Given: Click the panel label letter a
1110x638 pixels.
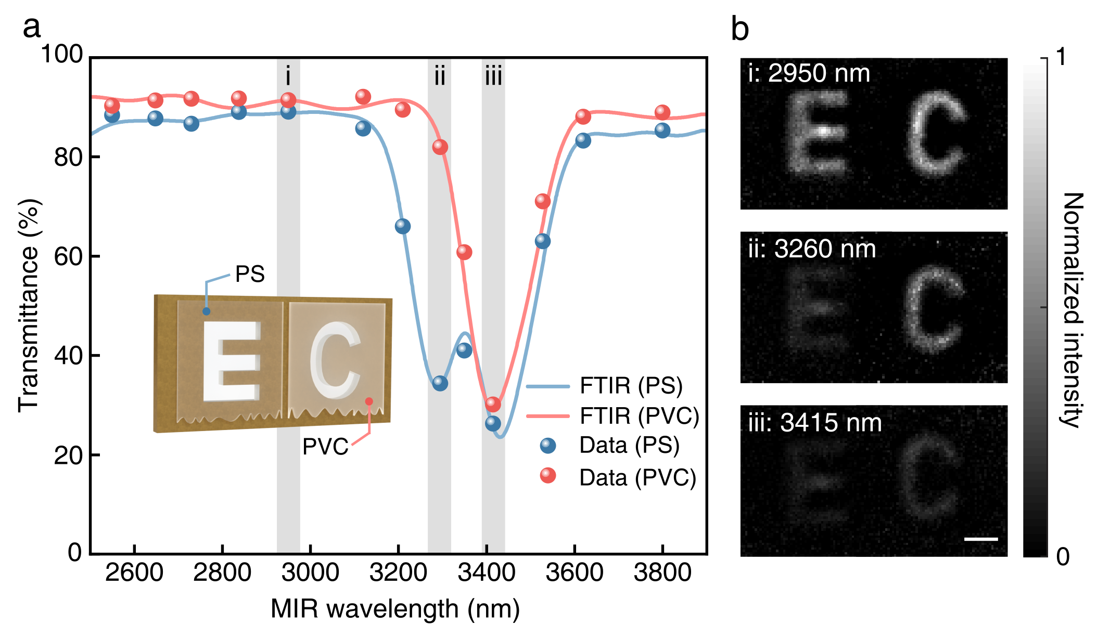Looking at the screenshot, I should coord(31,27).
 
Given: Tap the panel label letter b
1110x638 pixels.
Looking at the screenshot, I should coord(739,29).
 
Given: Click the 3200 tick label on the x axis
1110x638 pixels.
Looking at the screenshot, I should coord(398,573).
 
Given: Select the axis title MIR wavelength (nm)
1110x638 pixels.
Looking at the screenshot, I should coord(395,608).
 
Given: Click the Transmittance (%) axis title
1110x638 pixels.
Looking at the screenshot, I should coord(29,306).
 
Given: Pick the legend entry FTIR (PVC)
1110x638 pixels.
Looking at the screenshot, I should coord(639,415).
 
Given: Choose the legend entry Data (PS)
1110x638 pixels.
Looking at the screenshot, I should coord(629,446).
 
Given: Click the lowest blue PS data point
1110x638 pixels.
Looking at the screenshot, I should coord(493,423).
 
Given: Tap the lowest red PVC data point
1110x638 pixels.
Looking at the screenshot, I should coord(493,404).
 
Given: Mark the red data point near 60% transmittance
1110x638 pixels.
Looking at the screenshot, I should coord(464,252).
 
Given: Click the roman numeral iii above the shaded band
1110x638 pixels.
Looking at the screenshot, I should coord(493,77).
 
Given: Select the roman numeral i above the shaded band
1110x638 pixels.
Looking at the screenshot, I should coord(288,77).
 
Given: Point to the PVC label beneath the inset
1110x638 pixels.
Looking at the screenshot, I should coord(325,447).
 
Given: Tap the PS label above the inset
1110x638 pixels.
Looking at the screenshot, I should coord(250,274).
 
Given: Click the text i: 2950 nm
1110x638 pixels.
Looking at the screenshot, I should coord(809,73).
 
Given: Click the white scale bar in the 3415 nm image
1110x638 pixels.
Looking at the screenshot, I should coord(981,539).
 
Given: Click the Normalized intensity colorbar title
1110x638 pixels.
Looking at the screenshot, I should coord(1072,310).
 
